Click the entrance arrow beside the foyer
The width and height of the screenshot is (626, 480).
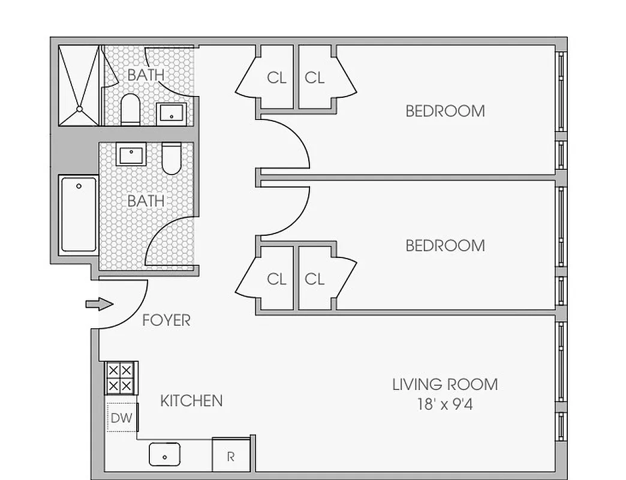point(99,304)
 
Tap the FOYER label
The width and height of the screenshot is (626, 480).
point(166,320)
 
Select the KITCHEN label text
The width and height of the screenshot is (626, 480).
point(191,401)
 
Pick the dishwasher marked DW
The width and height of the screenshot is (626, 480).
point(121,417)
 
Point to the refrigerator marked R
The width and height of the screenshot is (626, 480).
point(231,456)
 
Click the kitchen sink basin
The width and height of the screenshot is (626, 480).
point(165,455)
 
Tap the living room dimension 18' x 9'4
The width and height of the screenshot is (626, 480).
point(445,404)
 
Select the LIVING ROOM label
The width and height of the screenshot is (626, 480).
point(445,384)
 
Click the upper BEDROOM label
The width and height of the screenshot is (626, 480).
point(445,111)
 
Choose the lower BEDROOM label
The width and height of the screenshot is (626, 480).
point(445,245)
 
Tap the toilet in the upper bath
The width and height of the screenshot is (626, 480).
point(130,109)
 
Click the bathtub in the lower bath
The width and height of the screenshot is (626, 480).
point(79,214)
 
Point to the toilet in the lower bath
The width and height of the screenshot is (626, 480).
point(171,157)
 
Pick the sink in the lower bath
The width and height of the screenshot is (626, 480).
point(131,155)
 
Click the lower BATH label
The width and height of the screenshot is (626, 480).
point(146,200)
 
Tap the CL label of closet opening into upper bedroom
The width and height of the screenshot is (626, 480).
point(314,77)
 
